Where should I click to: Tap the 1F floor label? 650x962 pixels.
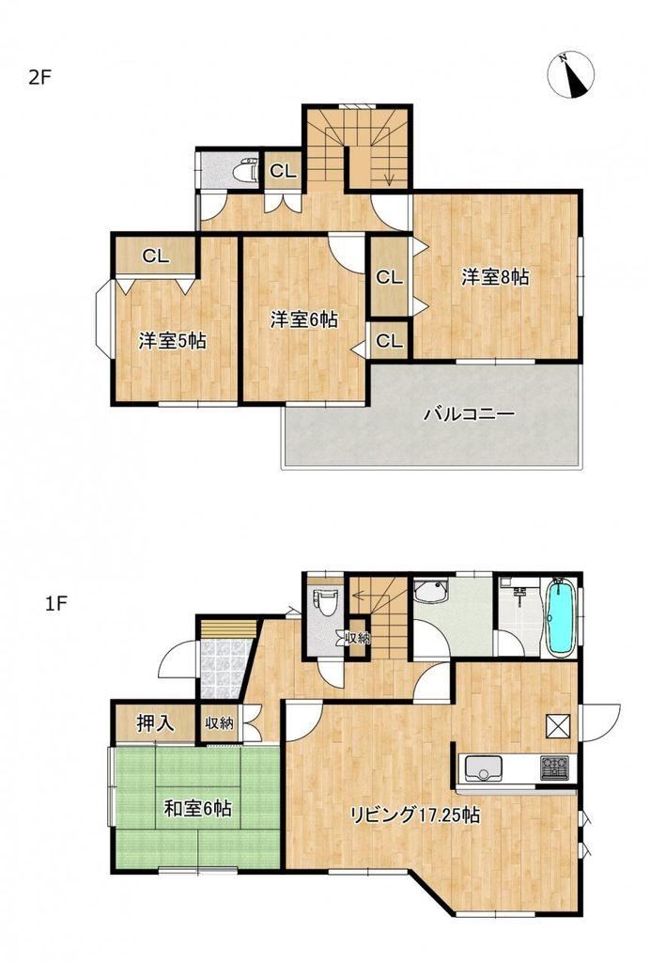pyautogui.click(x=55, y=604)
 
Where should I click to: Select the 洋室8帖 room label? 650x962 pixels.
pyautogui.click(x=495, y=277)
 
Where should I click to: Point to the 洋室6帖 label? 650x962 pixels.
pyautogui.click(x=304, y=319)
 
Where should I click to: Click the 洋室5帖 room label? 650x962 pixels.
pyautogui.click(x=172, y=340)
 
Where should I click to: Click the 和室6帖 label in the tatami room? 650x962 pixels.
pyautogui.click(x=197, y=809)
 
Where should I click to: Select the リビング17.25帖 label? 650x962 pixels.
pyautogui.click(x=414, y=815)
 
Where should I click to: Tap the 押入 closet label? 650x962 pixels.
pyautogui.click(x=155, y=723)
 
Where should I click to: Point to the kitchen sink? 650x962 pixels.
pyautogui.click(x=483, y=768)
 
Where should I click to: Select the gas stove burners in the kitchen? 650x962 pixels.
pyautogui.click(x=555, y=767)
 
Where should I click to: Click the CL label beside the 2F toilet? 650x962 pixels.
pyautogui.click(x=283, y=171)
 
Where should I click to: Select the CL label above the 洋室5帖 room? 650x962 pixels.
pyautogui.click(x=155, y=256)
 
